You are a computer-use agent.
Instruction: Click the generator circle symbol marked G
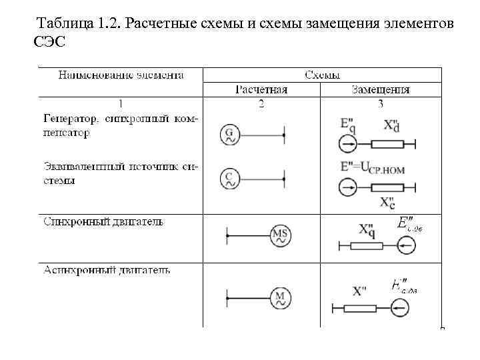click(229, 136)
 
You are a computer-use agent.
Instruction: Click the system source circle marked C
click(229, 178)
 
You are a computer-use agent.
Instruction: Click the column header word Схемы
click(322, 75)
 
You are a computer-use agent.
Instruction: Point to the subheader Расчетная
click(261, 89)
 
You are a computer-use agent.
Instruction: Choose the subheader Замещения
click(381, 89)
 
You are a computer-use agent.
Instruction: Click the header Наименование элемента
click(121, 75)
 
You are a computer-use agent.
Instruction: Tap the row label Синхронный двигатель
click(103, 221)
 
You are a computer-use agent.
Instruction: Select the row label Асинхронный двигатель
click(107, 270)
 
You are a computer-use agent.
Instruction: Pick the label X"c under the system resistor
click(387, 201)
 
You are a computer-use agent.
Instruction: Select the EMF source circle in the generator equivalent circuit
click(348, 144)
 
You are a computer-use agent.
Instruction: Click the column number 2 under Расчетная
click(261, 103)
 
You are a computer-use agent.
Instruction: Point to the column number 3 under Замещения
click(381, 103)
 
